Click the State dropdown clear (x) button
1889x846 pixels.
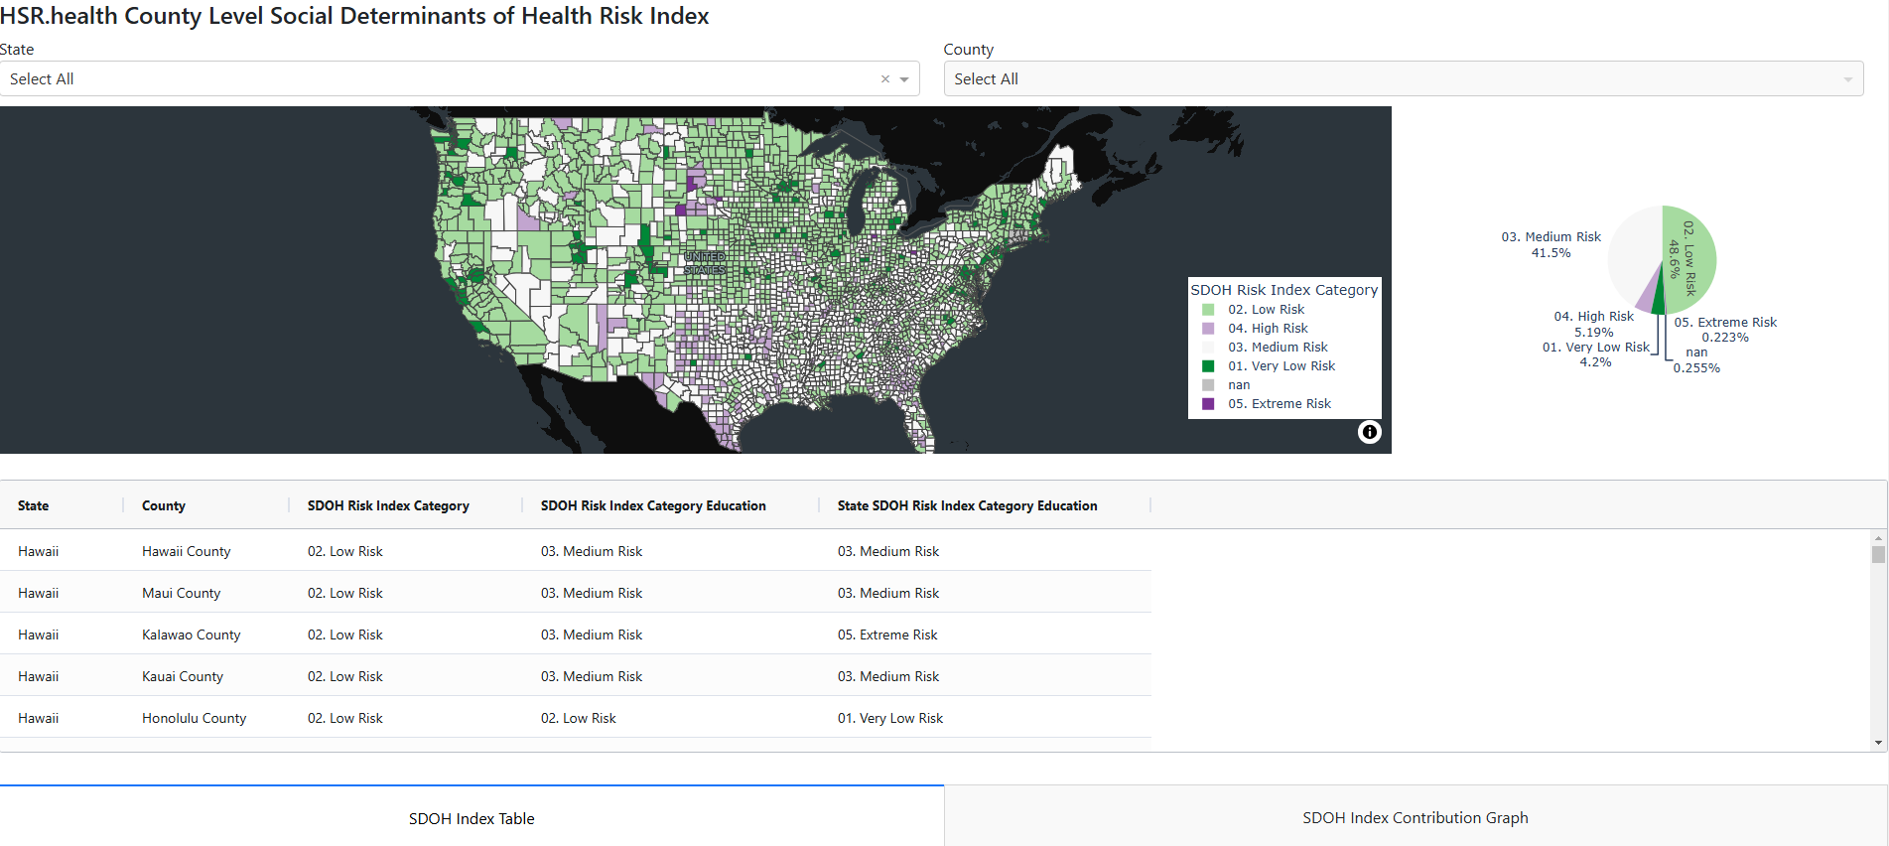[884, 79]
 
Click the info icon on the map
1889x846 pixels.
[1369, 432]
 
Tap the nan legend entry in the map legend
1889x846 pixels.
[1238, 385]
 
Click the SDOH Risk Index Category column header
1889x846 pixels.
[388, 505]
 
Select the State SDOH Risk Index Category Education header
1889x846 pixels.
[967, 505]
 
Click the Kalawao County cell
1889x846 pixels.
[191, 634]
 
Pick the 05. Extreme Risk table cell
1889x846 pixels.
[887, 634]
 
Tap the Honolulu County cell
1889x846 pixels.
[194, 718]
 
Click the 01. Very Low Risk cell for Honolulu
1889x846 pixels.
[890, 718]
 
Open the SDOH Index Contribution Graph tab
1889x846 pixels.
[1415, 817]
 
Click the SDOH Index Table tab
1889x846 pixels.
[472, 818]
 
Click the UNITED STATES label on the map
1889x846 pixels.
[705, 263]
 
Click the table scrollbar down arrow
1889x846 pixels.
[1878, 743]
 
